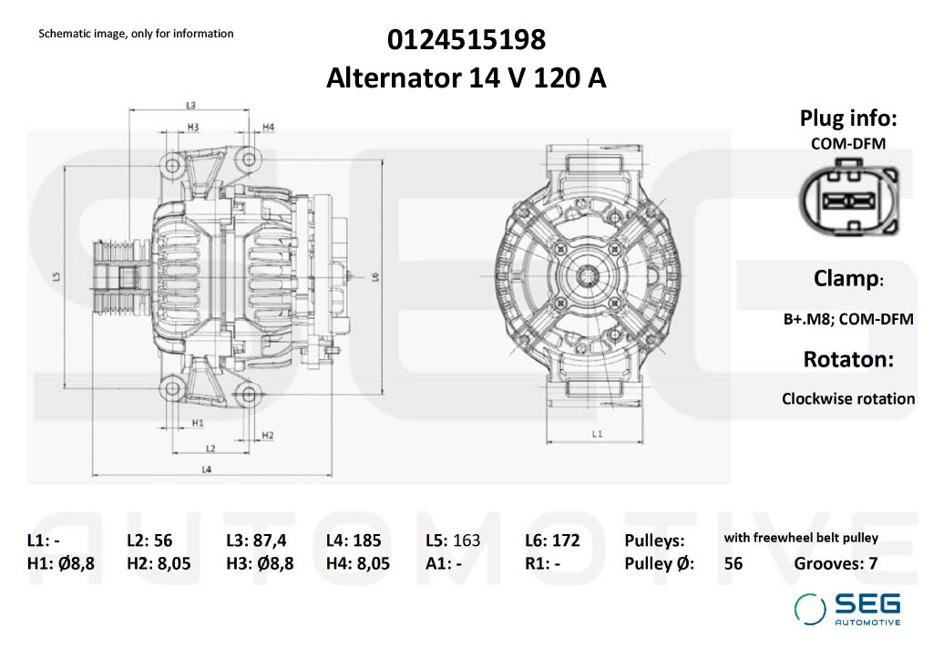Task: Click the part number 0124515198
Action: pos(466,40)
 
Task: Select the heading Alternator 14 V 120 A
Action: pos(466,79)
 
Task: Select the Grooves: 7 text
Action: pos(836,563)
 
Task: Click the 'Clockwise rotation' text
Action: pos(848,398)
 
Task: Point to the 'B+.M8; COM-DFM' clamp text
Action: pos(848,319)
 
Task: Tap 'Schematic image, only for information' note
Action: pos(136,34)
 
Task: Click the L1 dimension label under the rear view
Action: pos(597,434)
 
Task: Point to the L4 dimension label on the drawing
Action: pos(207,469)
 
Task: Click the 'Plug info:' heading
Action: pos(848,118)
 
